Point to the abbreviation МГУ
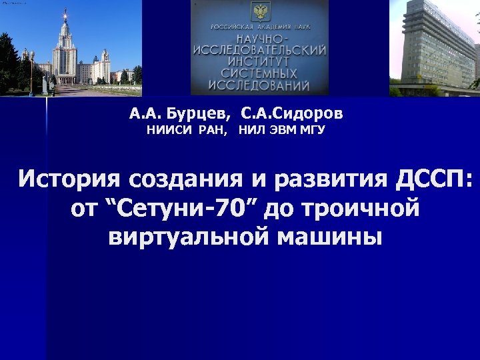coord(311,130)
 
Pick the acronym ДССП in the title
coord(429,179)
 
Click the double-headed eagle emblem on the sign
coord(259,11)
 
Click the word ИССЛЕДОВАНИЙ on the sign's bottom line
coord(259,86)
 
